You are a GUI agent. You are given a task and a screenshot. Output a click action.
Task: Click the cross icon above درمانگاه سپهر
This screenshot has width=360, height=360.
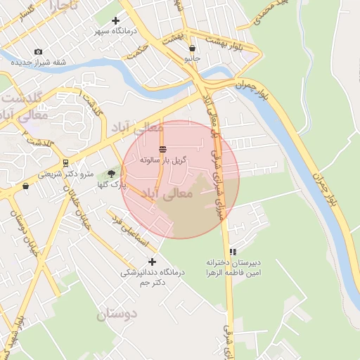pyautogui.click(x=116, y=21)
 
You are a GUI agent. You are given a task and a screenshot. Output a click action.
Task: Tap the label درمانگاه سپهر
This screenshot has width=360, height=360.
pyautogui.click(x=115, y=32)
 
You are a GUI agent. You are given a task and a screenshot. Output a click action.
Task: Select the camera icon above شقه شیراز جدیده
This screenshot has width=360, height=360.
pyautogui.click(x=38, y=52)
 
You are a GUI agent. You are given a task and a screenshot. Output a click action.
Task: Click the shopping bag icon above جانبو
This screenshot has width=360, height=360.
pyautogui.click(x=192, y=48)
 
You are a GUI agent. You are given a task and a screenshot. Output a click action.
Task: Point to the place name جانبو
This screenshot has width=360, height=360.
pyautogui.click(x=192, y=58)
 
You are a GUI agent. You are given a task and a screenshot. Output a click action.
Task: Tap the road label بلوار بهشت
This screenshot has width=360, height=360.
pyautogui.click(x=228, y=44)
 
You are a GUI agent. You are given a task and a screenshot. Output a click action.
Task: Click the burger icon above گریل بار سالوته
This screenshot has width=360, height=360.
pyautogui.click(x=163, y=149)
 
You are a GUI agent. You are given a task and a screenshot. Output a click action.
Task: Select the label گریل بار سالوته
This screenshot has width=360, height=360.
pyautogui.click(x=163, y=160)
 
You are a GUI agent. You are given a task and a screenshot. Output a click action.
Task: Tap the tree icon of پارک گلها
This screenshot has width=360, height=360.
pyautogui.click(x=112, y=173)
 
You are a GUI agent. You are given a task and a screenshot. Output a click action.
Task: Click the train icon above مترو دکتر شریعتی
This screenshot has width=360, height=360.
pyautogui.click(x=65, y=163)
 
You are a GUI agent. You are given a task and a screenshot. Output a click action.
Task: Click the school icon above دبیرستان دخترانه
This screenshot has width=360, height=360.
pyautogui.click(x=233, y=252)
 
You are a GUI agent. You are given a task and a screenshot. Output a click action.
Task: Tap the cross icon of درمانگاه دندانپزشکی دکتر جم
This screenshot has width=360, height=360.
pyautogui.click(x=152, y=262)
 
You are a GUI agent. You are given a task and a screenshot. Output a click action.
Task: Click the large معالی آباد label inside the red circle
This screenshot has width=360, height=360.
pyautogui.click(x=166, y=193)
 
